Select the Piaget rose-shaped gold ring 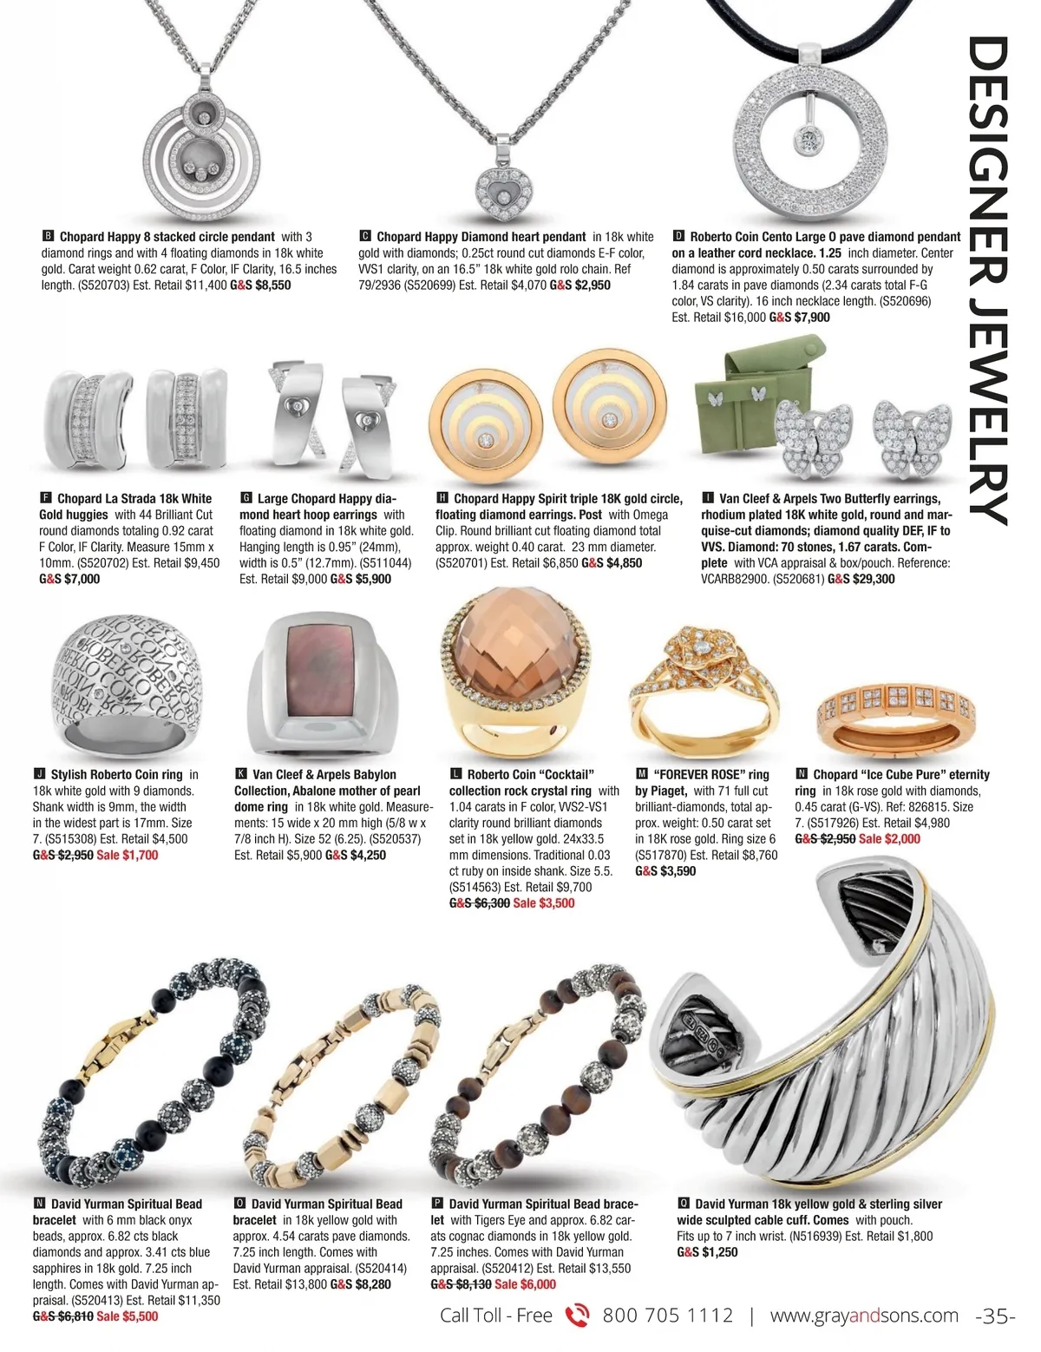701,685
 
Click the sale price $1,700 127,855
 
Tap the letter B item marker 49,236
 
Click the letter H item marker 442,498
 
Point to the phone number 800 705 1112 667,1316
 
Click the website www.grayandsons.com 864,1316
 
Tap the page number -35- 994,1316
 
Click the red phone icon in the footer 577,1316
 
